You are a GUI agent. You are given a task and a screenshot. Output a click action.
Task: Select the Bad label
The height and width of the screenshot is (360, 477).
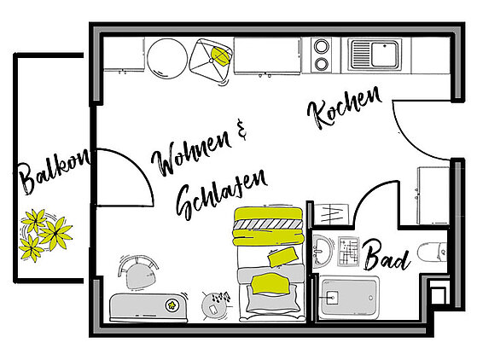tap(387, 255)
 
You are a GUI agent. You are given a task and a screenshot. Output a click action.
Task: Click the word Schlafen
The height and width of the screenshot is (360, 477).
tap(222, 195)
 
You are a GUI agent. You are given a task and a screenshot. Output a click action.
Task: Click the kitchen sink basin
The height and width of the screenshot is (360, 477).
tap(385, 55)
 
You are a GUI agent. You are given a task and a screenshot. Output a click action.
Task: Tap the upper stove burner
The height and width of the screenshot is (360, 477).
tap(321, 47)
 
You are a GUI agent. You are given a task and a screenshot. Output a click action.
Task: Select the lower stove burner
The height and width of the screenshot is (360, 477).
tap(321, 64)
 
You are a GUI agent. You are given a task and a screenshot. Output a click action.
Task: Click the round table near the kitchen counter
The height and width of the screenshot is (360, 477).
tap(167, 58)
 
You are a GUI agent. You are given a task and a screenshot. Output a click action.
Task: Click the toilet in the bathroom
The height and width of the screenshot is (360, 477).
tap(432, 252)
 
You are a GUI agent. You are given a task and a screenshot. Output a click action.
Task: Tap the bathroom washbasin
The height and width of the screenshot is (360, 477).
tap(323, 251)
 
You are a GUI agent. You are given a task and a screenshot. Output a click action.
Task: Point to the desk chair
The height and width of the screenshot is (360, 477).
tap(138, 273)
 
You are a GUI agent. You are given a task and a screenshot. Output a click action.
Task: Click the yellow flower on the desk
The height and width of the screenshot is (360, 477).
tap(172, 305)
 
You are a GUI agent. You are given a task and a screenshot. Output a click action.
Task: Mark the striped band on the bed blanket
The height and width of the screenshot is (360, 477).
tap(267, 224)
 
